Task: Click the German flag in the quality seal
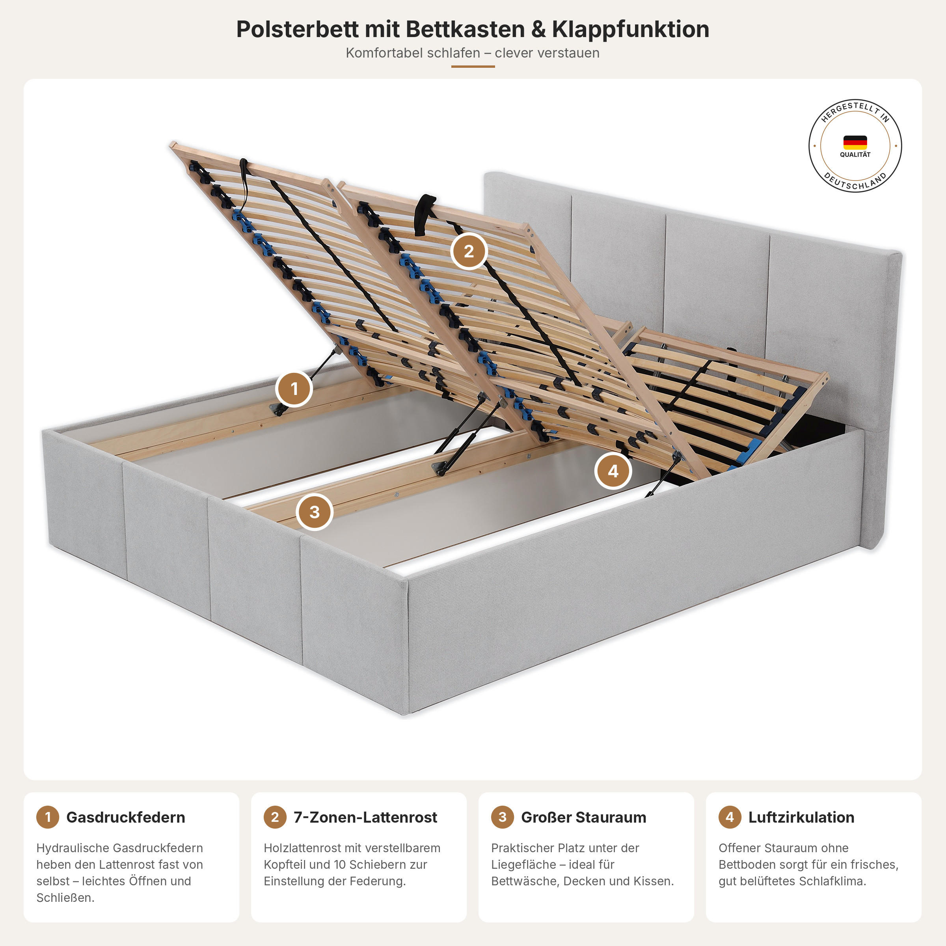(855, 142)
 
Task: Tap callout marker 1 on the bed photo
(294, 389)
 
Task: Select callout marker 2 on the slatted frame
(469, 251)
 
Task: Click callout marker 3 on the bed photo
(315, 512)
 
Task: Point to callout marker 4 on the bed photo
(613, 471)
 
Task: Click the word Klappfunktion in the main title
(631, 30)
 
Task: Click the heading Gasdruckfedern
(125, 817)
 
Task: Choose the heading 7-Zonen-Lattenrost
(365, 817)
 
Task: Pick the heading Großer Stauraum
(584, 817)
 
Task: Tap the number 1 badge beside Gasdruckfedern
(47, 817)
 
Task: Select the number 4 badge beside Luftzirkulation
(730, 817)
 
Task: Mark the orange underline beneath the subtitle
(473, 66)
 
